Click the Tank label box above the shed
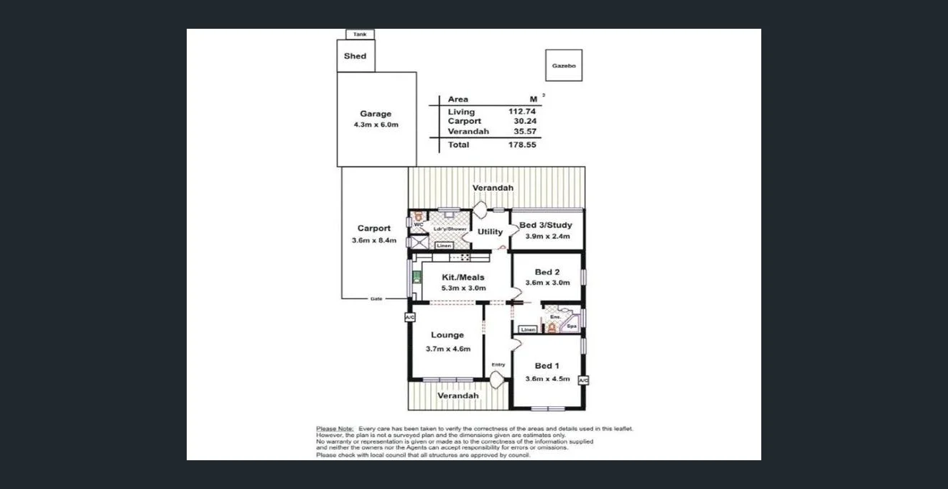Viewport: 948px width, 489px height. coord(359,34)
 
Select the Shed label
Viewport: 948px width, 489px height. coord(355,56)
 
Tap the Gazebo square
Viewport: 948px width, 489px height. coord(563,65)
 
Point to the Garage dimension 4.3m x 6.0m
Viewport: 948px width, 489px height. coord(376,125)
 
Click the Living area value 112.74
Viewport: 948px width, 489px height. coord(522,111)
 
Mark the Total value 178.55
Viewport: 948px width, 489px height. coord(522,145)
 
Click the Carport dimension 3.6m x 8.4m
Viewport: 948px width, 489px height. coord(374,240)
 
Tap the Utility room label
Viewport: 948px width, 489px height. coord(491,232)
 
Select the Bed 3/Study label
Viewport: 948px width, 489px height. coord(546,225)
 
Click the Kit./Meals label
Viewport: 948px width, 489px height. coord(463,277)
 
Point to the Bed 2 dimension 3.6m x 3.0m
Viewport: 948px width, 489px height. coord(547,283)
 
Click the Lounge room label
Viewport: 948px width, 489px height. coord(447,334)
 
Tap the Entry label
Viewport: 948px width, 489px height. coord(498,365)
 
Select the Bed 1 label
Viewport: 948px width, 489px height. coord(547,366)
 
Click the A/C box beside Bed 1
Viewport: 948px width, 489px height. coord(583,380)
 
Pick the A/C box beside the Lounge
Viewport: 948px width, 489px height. coord(410,316)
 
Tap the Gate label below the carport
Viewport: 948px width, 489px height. coord(376,298)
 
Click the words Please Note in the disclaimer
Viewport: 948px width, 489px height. coord(335,429)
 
